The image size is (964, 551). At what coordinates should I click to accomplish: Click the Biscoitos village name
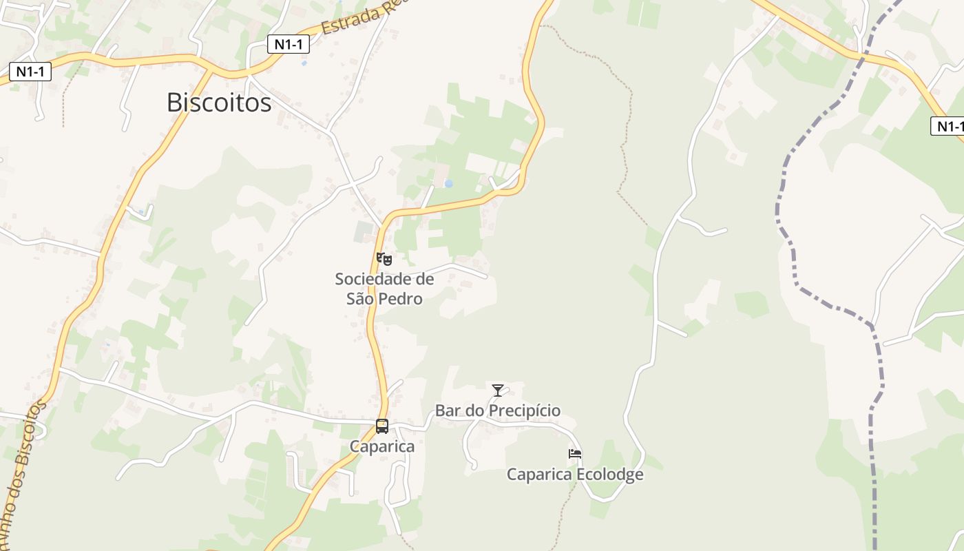point(219,103)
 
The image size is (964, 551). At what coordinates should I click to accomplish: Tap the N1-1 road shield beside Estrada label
point(288,45)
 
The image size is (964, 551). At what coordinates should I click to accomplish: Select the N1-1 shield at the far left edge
point(30,71)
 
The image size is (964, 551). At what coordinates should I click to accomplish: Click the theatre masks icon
point(384,259)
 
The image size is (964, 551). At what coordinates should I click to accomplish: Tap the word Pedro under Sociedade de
point(404,299)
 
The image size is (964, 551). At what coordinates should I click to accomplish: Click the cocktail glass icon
point(498,391)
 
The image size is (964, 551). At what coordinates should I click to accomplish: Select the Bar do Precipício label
point(497,411)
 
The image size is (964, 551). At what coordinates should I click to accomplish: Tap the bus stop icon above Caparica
point(382,426)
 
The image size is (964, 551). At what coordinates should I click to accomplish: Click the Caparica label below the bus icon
point(382,446)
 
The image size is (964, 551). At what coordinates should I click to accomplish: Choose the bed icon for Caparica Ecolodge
point(575,454)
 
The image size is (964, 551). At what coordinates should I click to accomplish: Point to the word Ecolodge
point(609,475)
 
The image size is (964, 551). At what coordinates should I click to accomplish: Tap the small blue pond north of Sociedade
point(449,184)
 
